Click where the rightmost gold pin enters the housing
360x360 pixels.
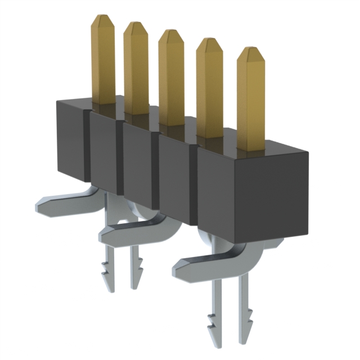pos(251,147)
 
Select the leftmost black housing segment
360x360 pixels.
pos(71,141)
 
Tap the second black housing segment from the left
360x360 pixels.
pos(103,152)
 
